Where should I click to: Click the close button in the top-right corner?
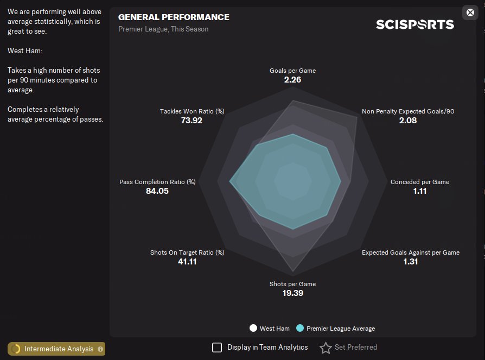[470, 12]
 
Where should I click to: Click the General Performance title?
[174, 17]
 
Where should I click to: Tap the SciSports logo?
[415, 24]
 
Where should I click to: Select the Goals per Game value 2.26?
[292, 80]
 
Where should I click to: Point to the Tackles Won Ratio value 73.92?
[192, 121]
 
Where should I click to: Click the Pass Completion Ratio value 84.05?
[157, 191]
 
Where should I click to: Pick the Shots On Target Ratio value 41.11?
[187, 262]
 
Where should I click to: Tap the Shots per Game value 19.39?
[292, 293]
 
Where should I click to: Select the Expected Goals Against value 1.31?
[411, 262]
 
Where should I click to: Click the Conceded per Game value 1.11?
[420, 191]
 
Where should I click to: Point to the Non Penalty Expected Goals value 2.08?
[408, 121]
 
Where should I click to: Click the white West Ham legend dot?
[253, 328]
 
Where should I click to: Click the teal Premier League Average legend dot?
[299, 328]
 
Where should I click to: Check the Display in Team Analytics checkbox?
[217, 348]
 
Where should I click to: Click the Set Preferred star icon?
[326, 348]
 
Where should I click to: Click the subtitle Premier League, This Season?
[163, 29]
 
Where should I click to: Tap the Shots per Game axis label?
[292, 284]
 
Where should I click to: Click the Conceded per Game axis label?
[420, 182]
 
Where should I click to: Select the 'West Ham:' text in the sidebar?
[25, 50]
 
